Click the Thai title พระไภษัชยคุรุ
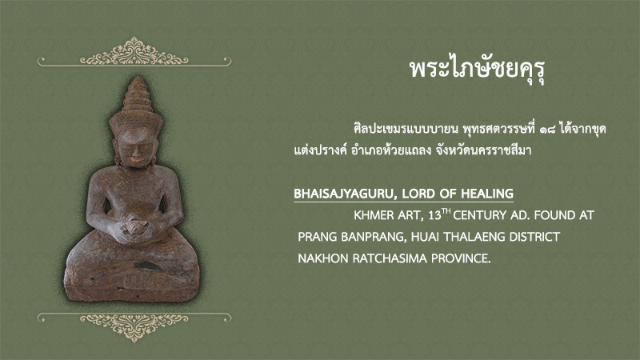click(x=478, y=70)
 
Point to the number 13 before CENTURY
click(x=434, y=215)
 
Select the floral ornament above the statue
click(x=134, y=52)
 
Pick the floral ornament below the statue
click(x=134, y=326)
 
